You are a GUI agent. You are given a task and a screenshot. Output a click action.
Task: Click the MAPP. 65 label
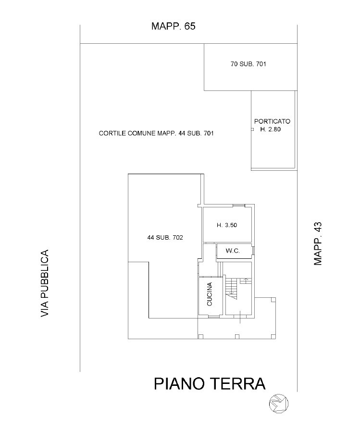(x=173, y=26)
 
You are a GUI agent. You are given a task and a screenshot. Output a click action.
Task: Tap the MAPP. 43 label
(x=318, y=243)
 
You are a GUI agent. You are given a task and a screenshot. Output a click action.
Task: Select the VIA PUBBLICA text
(x=45, y=283)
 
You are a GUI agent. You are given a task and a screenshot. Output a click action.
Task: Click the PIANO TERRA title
(x=210, y=383)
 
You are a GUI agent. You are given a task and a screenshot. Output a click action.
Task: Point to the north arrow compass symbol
(x=279, y=404)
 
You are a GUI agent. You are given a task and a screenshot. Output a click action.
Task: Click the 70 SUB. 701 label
(x=248, y=64)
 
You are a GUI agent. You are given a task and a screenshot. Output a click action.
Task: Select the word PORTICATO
(x=272, y=121)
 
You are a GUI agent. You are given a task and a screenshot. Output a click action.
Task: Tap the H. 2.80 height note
(x=270, y=129)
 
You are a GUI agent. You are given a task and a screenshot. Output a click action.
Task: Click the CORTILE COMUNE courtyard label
(x=156, y=133)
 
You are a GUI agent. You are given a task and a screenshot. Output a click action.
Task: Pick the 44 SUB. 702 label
(x=165, y=238)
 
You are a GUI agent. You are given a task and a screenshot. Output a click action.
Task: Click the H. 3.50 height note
(x=227, y=225)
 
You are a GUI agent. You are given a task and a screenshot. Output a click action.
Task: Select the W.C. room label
(x=233, y=251)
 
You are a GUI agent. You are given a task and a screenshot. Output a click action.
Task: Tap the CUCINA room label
(x=210, y=294)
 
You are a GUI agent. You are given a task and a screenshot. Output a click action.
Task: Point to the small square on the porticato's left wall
(x=252, y=129)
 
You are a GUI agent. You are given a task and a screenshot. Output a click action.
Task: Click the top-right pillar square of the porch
(x=273, y=300)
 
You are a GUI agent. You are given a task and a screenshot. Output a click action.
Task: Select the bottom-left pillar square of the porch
(x=201, y=337)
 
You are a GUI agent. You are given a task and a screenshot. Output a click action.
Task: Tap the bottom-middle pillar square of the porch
(x=237, y=337)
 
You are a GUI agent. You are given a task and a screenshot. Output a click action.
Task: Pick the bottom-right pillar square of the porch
(x=273, y=337)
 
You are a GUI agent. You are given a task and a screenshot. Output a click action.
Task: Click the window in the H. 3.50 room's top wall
(x=239, y=205)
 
